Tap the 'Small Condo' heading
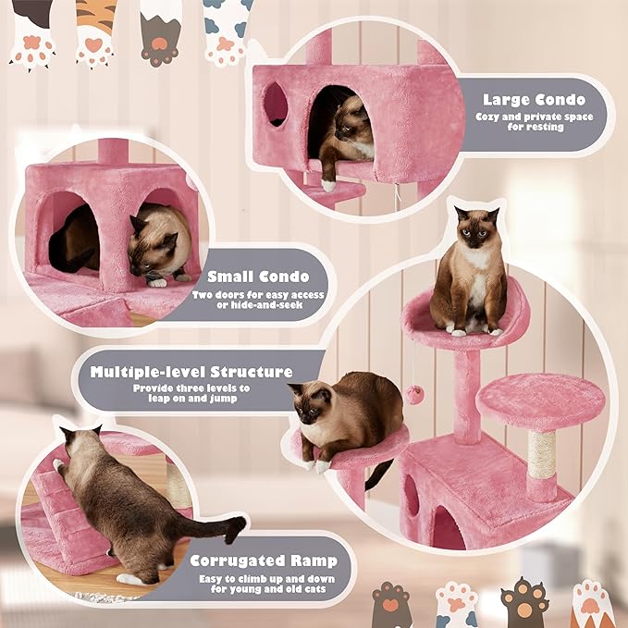(258, 276)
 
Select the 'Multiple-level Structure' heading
(191, 372)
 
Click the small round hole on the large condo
(276, 104)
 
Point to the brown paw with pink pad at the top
(160, 32)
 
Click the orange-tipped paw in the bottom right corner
(592, 605)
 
